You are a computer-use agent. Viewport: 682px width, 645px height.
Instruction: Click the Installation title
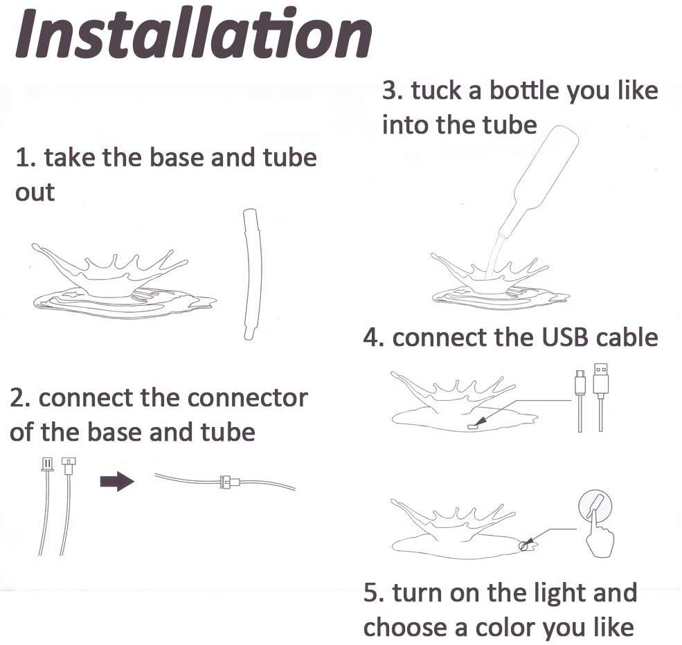coord(194,33)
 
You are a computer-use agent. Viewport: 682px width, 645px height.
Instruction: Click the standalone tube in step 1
coord(251,274)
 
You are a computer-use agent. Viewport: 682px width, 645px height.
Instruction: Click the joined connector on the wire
coord(230,482)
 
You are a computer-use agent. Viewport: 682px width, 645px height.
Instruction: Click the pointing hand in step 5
coord(600,534)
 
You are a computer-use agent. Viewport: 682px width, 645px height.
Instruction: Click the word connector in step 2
coord(247,398)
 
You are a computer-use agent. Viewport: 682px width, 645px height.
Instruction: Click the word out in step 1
coord(35,192)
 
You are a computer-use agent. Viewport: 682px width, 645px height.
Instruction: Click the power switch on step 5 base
coord(526,545)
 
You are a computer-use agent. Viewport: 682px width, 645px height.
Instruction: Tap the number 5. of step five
coord(374,593)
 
